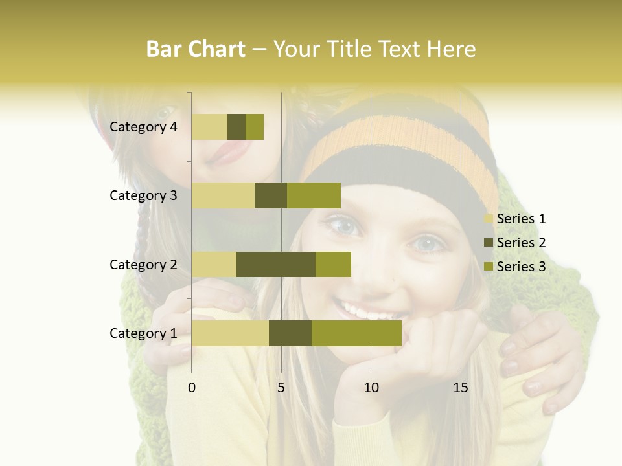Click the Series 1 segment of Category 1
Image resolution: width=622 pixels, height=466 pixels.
click(x=230, y=333)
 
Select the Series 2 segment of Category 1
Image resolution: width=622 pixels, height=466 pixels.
click(x=290, y=333)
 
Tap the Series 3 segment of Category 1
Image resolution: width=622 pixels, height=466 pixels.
click(x=356, y=333)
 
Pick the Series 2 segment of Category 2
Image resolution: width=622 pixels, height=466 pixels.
click(x=276, y=264)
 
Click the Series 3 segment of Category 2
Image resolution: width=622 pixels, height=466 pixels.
click(x=333, y=264)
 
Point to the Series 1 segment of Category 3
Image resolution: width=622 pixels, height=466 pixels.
click(x=223, y=195)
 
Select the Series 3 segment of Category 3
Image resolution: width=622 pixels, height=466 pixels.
click(x=314, y=195)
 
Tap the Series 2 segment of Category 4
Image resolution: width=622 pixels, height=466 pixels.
click(x=236, y=127)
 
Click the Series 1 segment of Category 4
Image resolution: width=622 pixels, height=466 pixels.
click(x=209, y=127)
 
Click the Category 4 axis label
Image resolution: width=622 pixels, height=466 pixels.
click(x=143, y=127)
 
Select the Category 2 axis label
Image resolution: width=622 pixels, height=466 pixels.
click(x=143, y=264)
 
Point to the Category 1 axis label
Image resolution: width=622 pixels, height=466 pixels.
click(x=143, y=333)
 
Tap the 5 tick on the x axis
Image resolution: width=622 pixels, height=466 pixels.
click(x=281, y=388)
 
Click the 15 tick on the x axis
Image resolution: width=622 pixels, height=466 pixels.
click(x=460, y=388)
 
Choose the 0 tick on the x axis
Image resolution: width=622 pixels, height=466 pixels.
click(x=192, y=388)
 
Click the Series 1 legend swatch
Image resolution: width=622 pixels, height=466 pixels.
click(x=489, y=219)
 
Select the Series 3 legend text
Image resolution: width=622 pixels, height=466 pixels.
click(x=521, y=266)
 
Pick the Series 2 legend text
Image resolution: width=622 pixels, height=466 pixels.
click(x=521, y=243)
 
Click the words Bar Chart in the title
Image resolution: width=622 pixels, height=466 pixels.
click(x=196, y=49)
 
